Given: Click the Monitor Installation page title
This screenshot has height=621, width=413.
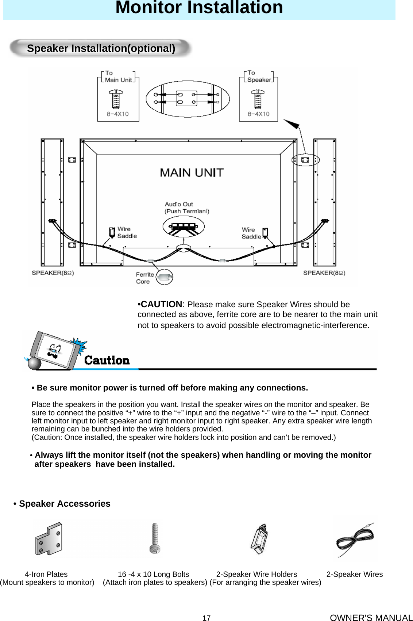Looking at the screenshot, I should pos(199,8).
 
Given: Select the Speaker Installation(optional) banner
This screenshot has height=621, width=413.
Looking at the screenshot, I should pos(101,48).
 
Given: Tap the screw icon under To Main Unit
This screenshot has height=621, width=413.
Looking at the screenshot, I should pos(116,99).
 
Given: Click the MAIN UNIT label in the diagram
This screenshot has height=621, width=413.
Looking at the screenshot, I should pos(192,172).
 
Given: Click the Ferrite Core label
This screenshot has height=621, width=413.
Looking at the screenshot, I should pos(144,278).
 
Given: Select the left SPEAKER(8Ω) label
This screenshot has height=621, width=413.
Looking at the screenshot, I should pos(53,273).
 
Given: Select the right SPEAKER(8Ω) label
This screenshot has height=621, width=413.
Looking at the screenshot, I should pos(324,273).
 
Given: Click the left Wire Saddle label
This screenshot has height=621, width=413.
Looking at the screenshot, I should pos(127,233).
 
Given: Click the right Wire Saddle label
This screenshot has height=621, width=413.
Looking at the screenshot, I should pos(251,233).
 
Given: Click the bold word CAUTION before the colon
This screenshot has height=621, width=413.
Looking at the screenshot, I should pos(161,304).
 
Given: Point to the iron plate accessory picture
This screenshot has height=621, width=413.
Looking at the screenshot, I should pos(49,539).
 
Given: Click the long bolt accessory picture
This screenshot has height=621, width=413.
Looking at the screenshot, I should pos(155,538).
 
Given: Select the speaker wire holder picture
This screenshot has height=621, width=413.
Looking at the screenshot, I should pos(260,539).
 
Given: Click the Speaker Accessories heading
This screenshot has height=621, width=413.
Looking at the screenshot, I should pos(64,504).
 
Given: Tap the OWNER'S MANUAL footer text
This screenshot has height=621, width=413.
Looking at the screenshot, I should pos(371,618).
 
